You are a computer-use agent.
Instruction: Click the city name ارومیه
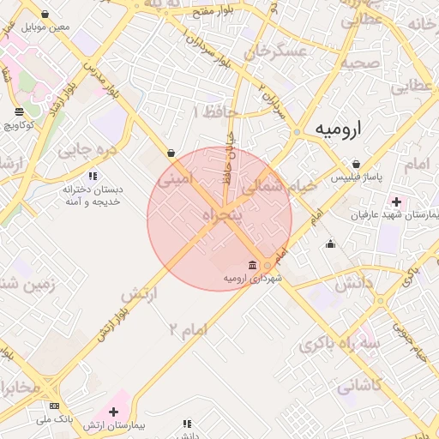(338, 129)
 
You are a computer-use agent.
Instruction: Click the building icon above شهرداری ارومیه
(251, 265)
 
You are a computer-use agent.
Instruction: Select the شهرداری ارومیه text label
(253, 279)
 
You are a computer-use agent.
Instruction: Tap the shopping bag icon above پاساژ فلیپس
(356, 165)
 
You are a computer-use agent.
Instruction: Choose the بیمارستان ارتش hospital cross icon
(113, 412)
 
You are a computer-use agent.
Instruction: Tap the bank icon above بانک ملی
(54, 406)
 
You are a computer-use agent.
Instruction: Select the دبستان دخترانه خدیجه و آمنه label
(93, 195)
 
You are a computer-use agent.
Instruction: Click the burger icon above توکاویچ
(20, 111)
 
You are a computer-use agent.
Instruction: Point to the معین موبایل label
(47, 27)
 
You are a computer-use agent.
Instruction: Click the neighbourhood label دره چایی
(86, 150)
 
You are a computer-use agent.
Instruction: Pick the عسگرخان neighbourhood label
(275, 51)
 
